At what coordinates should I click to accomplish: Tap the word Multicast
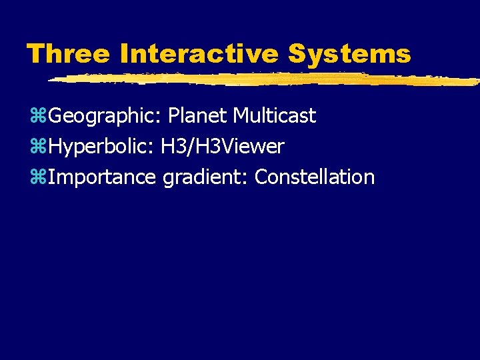click(x=274, y=116)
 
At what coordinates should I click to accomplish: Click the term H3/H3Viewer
click(x=223, y=147)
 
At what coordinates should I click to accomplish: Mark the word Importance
click(x=102, y=178)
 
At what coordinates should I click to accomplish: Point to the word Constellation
click(x=315, y=177)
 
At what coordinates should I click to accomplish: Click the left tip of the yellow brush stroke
click(x=51, y=80)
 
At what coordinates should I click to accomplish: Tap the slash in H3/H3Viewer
click(x=189, y=147)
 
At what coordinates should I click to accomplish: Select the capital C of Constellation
click(x=261, y=177)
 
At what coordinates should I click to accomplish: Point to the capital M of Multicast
click(x=241, y=116)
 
